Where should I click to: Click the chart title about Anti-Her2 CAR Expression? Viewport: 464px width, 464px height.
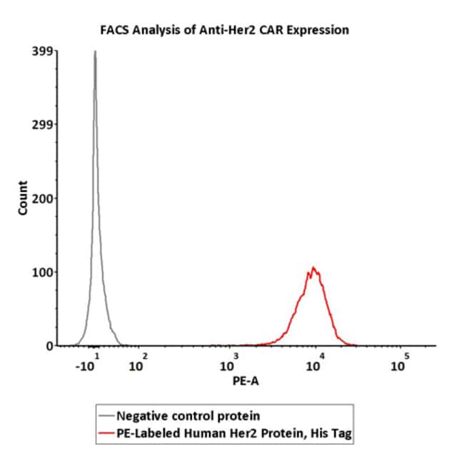click(223, 30)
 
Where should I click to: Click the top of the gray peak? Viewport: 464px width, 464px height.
click(94, 51)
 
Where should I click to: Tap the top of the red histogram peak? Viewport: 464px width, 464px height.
click(313, 268)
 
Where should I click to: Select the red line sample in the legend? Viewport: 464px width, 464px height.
click(106, 433)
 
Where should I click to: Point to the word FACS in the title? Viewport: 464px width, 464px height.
click(112, 30)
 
